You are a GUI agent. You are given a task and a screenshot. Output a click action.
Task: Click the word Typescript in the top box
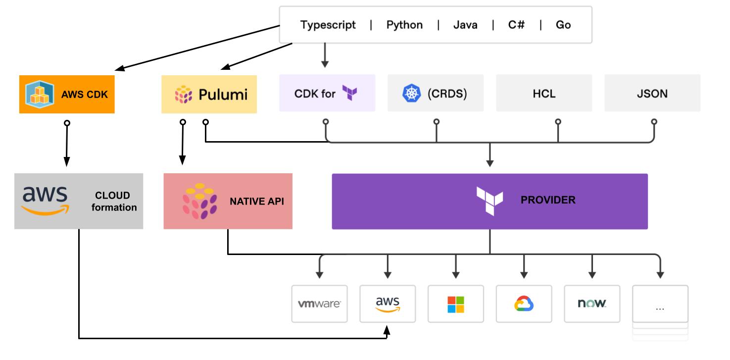[328, 25]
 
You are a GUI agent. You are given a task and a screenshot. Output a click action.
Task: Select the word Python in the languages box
[404, 25]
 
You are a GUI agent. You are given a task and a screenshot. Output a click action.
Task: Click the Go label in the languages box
[563, 25]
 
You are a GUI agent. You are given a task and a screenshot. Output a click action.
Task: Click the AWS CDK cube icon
[40, 94]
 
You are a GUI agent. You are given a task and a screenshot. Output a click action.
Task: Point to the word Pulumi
[223, 95]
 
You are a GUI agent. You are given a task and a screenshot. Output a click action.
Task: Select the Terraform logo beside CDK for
[350, 93]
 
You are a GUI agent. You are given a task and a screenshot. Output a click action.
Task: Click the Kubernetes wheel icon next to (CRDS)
[412, 93]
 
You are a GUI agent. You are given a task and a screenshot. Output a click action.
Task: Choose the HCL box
[544, 93]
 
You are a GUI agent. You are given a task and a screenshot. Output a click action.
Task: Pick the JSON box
[652, 93]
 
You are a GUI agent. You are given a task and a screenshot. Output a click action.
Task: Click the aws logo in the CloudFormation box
[46, 201]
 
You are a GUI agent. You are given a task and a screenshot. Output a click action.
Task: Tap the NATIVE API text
[257, 201]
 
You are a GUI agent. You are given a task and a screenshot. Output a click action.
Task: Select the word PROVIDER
[548, 200]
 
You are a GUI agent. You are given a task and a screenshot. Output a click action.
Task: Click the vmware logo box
[319, 304]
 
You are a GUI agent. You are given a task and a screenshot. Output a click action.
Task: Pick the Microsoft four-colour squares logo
[456, 305]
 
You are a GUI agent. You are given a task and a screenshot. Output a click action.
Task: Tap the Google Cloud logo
[524, 304]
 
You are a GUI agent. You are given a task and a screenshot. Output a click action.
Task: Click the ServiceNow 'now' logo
[592, 303]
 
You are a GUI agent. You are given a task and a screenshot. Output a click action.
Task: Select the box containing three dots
[660, 304]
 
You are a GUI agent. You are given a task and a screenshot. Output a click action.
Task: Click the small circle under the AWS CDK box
[67, 123]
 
